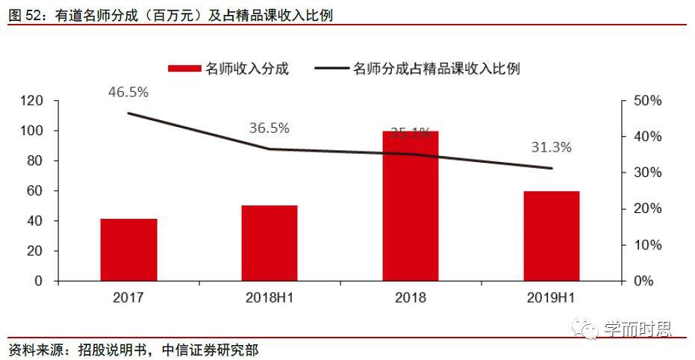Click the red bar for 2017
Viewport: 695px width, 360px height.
pyautogui.click(x=129, y=249)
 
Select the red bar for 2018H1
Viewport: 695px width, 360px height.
pyautogui.click(x=269, y=243)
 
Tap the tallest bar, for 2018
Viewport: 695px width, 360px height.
pyautogui.click(x=410, y=205)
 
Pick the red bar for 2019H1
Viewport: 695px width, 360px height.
pyautogui.click(x=551, y=236)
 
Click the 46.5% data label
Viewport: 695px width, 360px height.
pyautogui.click(x=128, y=93)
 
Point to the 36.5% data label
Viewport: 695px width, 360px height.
pyautogui.click(x=269, y=128)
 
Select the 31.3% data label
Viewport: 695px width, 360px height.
pyautogui.click(x=551, y=147)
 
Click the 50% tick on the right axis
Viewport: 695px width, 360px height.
pyautogui.click(x=647, y=101)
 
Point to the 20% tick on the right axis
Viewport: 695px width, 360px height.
pyautogui.click(x=647, y=208)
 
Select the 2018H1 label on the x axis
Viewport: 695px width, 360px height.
pyautogui.click(x=269, y=297)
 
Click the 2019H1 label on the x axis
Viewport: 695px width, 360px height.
pyautogui.click(x=551, y=297)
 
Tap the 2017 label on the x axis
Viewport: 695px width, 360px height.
pyautogui.click(x=128, y=297)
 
